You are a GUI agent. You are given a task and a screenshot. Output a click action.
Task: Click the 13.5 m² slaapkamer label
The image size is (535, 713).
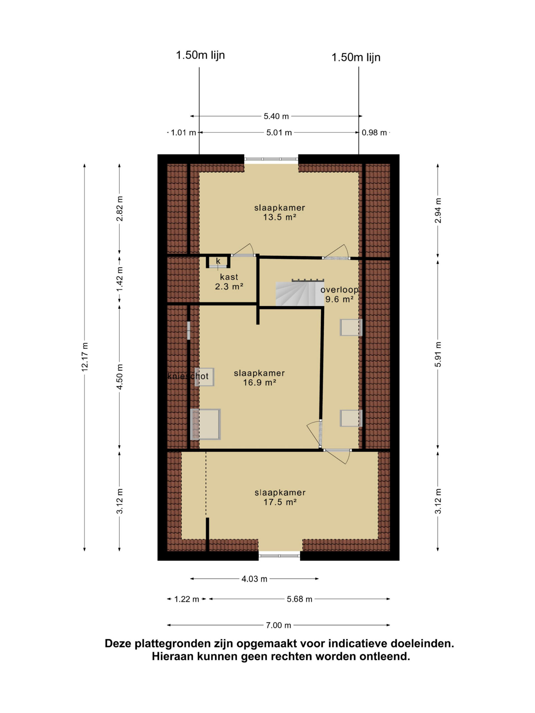tap(279, 212)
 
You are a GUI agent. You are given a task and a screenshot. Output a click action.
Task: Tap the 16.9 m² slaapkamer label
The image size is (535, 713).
tap(259, 377)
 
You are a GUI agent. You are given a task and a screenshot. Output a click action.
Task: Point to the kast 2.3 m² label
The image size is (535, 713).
tap(229, 281)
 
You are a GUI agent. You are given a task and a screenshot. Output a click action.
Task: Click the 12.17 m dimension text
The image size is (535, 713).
tap(85, 357)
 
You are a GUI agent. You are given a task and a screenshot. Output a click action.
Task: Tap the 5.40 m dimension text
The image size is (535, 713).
tap(276, 116)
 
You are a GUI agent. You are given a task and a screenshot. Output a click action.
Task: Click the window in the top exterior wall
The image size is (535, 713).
tap(271, 159)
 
